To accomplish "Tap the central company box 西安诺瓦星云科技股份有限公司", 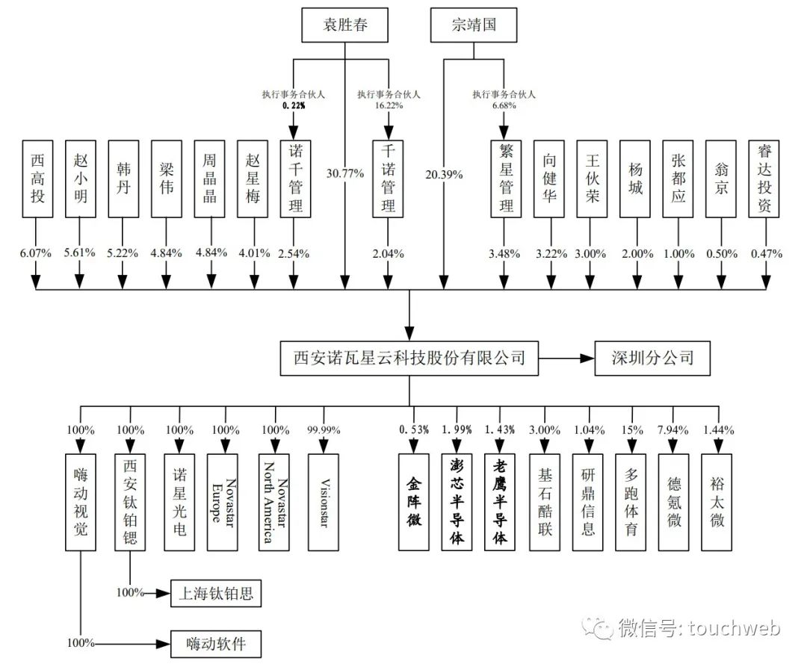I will tap(409, 358).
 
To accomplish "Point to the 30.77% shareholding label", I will tap(344, 174).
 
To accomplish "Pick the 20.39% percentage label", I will tap(443, 174).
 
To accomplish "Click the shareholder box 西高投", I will tap(37, 177).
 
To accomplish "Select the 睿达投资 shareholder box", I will tap(764, 177).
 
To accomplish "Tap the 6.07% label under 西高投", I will tap(36, 253).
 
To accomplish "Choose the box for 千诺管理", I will tap(388, 177).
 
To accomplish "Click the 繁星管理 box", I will tap(505, 177).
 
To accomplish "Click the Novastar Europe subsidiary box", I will tap(221, 501).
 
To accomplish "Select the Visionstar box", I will tap(324, 501).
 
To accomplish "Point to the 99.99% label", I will tap(324, 430).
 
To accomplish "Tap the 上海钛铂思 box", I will tap(217, 594).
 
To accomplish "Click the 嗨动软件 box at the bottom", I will tap(217, 642).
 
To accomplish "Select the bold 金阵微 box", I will tap(413, 501).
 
